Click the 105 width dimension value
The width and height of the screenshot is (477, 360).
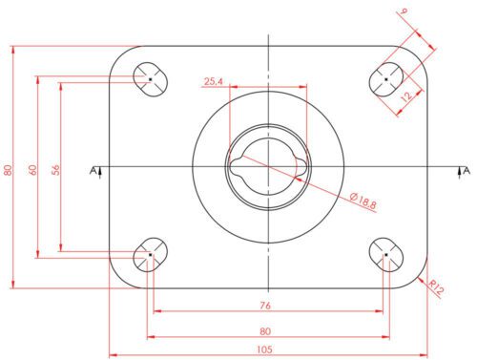[262, 349]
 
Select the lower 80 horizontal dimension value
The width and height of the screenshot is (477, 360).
[265, 332]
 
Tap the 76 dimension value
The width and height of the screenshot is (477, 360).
[265, 307]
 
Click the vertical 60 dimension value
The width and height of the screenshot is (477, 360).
[32, 169]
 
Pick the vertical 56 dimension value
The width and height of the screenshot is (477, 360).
[55, 169]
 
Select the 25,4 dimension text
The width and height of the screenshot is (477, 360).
[213, 82]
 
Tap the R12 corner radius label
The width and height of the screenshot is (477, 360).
[438, 286]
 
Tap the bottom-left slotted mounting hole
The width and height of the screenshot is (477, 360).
[149, 255]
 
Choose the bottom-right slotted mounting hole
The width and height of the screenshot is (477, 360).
[386, 255]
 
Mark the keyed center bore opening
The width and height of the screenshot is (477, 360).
[268, 166]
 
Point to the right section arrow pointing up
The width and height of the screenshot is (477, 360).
[458, 170]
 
